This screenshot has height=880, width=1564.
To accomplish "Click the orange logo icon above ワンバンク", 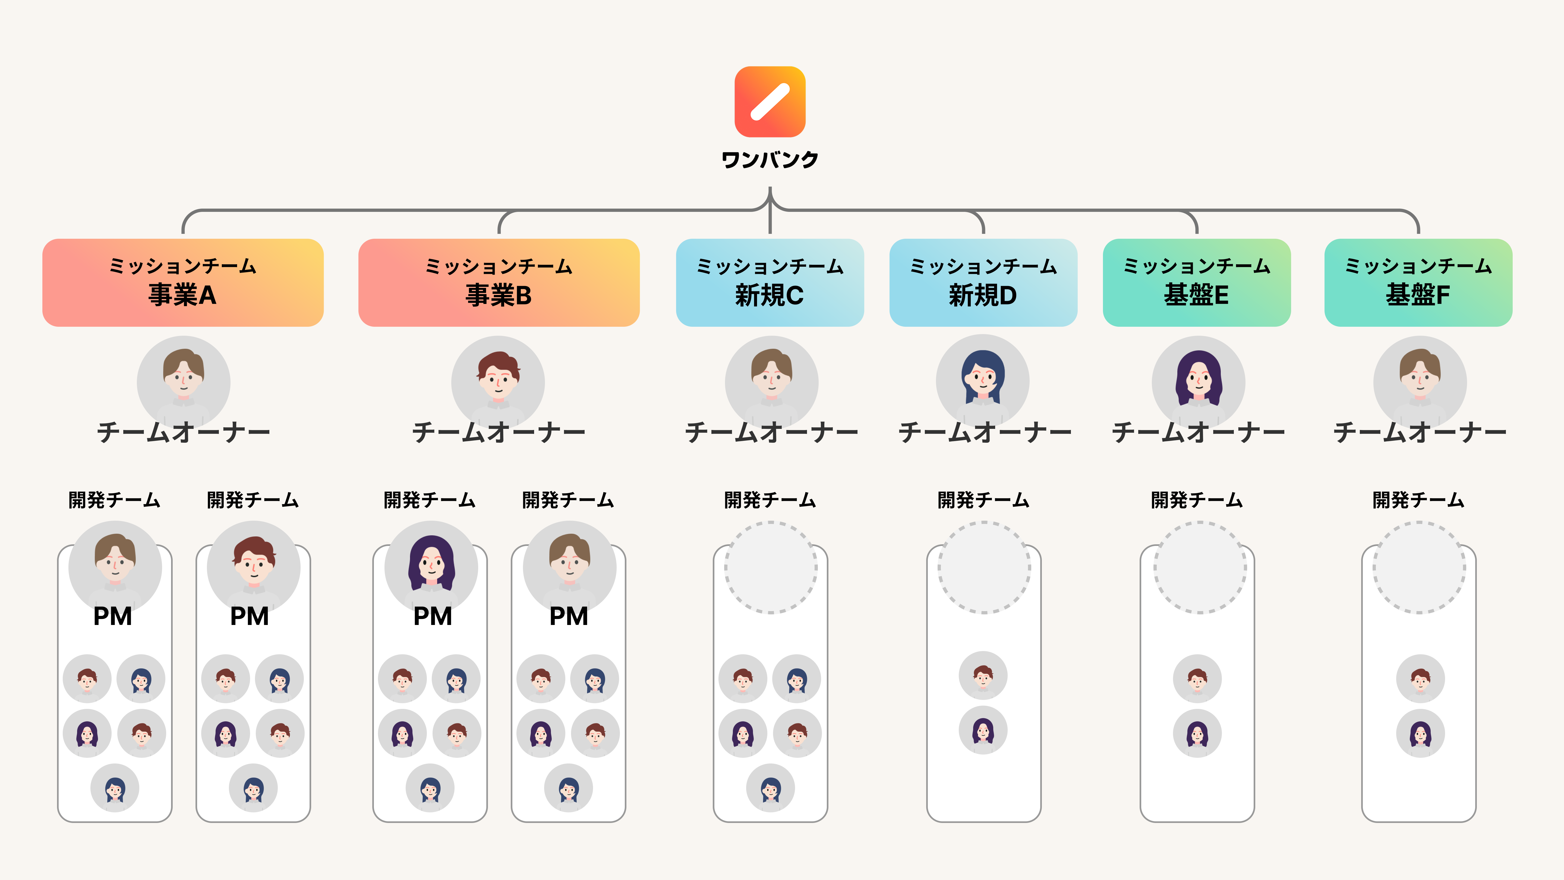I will coord(770,101).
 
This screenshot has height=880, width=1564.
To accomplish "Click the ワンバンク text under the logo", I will coord(770,160).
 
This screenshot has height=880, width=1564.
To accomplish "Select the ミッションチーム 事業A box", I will coord(183,282).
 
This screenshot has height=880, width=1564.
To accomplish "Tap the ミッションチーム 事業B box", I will coord(499,282).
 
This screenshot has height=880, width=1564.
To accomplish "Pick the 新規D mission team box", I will coord(983,282).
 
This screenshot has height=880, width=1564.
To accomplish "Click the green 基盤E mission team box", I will coord(1196,282).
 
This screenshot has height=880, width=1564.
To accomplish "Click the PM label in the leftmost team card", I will coord(112,617).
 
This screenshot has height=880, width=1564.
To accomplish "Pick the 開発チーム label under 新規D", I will coord(983,500).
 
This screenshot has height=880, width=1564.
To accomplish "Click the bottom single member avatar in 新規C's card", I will coord(770,788).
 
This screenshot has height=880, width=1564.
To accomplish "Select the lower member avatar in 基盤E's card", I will coord(1197,733).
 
